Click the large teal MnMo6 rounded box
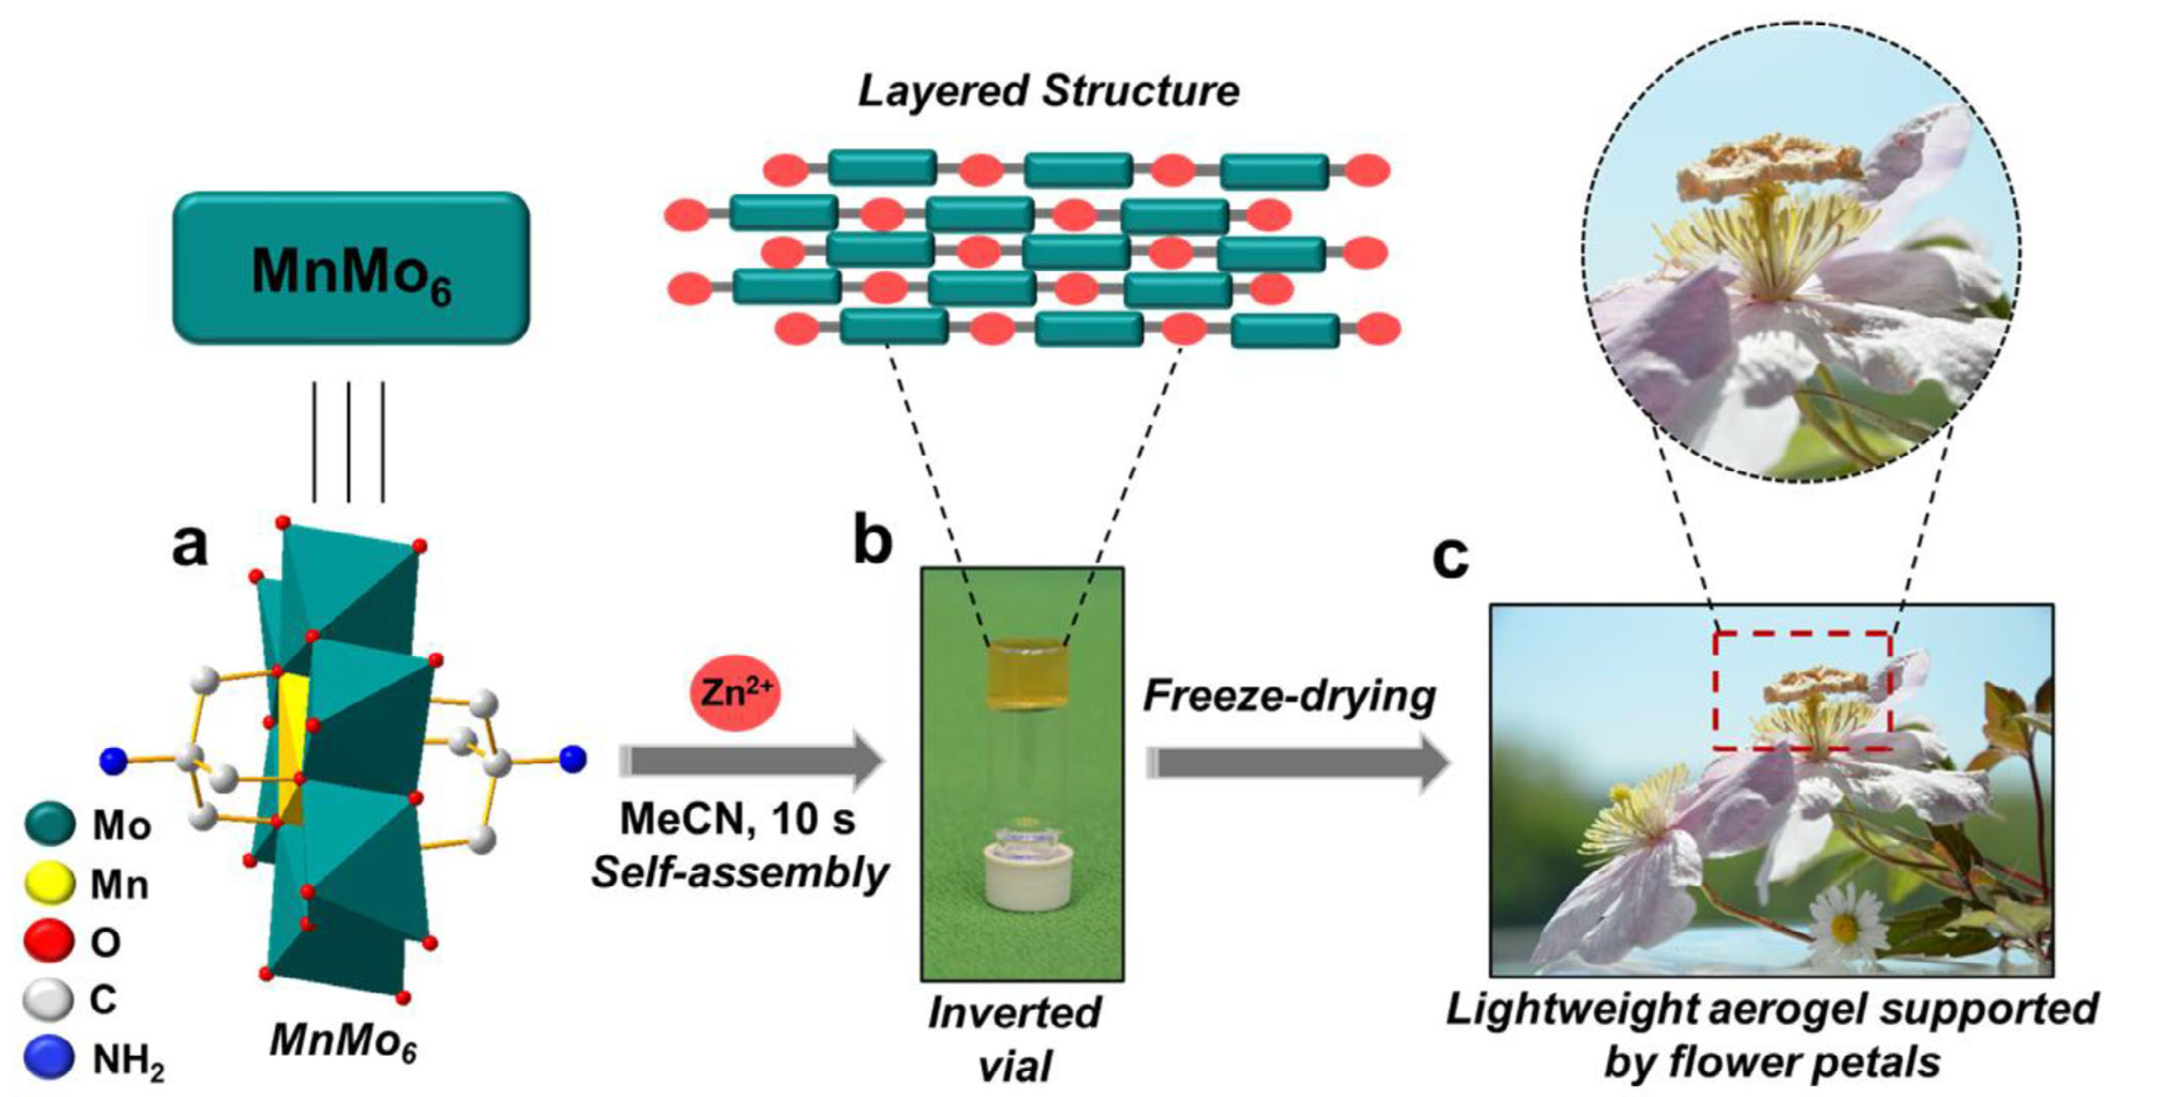351,268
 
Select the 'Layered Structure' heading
1048,91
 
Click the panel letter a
189,545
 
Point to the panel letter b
872,542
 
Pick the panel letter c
1450,558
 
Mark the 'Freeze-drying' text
1289,697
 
